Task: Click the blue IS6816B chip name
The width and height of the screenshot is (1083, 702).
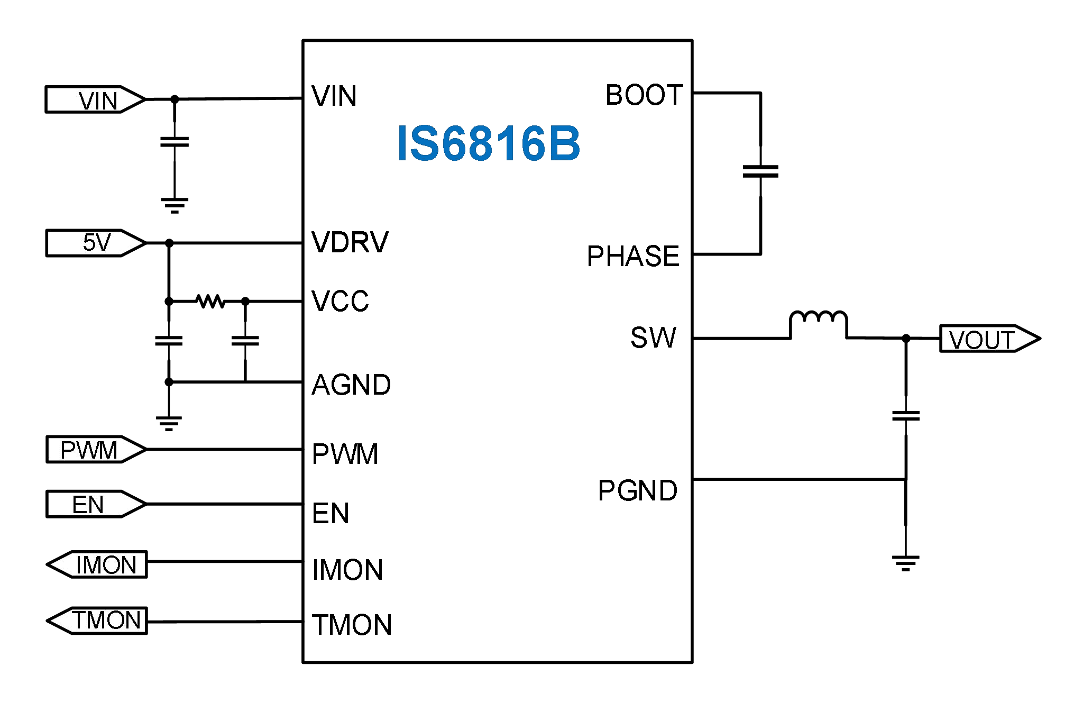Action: coord(489,143)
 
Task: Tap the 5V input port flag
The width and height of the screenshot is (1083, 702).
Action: coord(95,243)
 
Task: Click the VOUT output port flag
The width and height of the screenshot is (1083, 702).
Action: coord(988,339)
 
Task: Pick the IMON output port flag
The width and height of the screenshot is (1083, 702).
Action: coord(98,564)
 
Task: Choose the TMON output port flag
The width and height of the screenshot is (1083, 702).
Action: coord(98,621)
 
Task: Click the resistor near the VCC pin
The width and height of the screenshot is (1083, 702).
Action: coord(210,302)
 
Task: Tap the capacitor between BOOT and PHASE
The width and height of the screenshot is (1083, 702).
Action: coord(760,171)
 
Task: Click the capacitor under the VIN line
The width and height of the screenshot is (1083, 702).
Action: coord(175,142)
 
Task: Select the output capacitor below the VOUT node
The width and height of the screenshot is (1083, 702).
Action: coord(906,416)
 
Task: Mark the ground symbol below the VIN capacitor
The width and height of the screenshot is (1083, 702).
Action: coord(175,205)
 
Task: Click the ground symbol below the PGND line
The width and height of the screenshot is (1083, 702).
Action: coord(906,563)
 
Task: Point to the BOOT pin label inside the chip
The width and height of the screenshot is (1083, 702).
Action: coord(644,95)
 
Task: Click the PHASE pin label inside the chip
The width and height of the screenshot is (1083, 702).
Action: coord(633,256)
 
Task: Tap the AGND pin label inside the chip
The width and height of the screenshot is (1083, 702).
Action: coord(351,385)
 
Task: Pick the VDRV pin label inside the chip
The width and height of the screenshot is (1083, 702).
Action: coord(350,242)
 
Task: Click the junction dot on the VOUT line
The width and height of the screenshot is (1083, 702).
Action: coord(906,339)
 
